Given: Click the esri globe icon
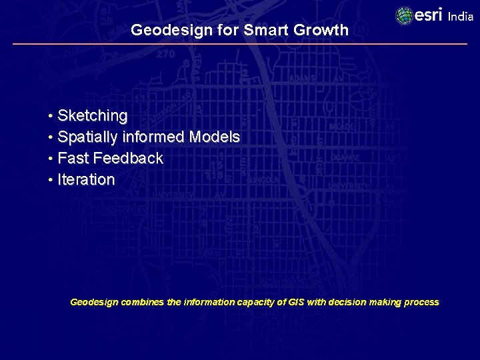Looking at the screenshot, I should (x=405, y=16).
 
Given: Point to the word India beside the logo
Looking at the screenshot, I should (x=461, y=17).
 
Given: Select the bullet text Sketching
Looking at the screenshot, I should (x=93, y=116).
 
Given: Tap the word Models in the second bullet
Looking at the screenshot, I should (x=214, y=137).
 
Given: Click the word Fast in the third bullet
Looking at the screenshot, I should (x=73, y=159).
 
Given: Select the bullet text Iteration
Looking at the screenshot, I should (x=86, y=180).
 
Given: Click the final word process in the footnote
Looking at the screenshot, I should (x=421, y=302).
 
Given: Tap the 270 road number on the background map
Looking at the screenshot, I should (x=166, y=54).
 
